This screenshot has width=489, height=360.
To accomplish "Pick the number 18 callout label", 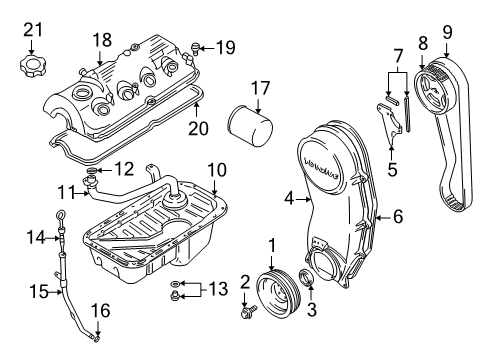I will (x=103, y=40).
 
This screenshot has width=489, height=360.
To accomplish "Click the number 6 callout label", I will (x=397, y=215).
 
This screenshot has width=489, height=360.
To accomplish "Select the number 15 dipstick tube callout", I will (x=37, y=291).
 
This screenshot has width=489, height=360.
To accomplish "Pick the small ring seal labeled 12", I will (x=92, y=173).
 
